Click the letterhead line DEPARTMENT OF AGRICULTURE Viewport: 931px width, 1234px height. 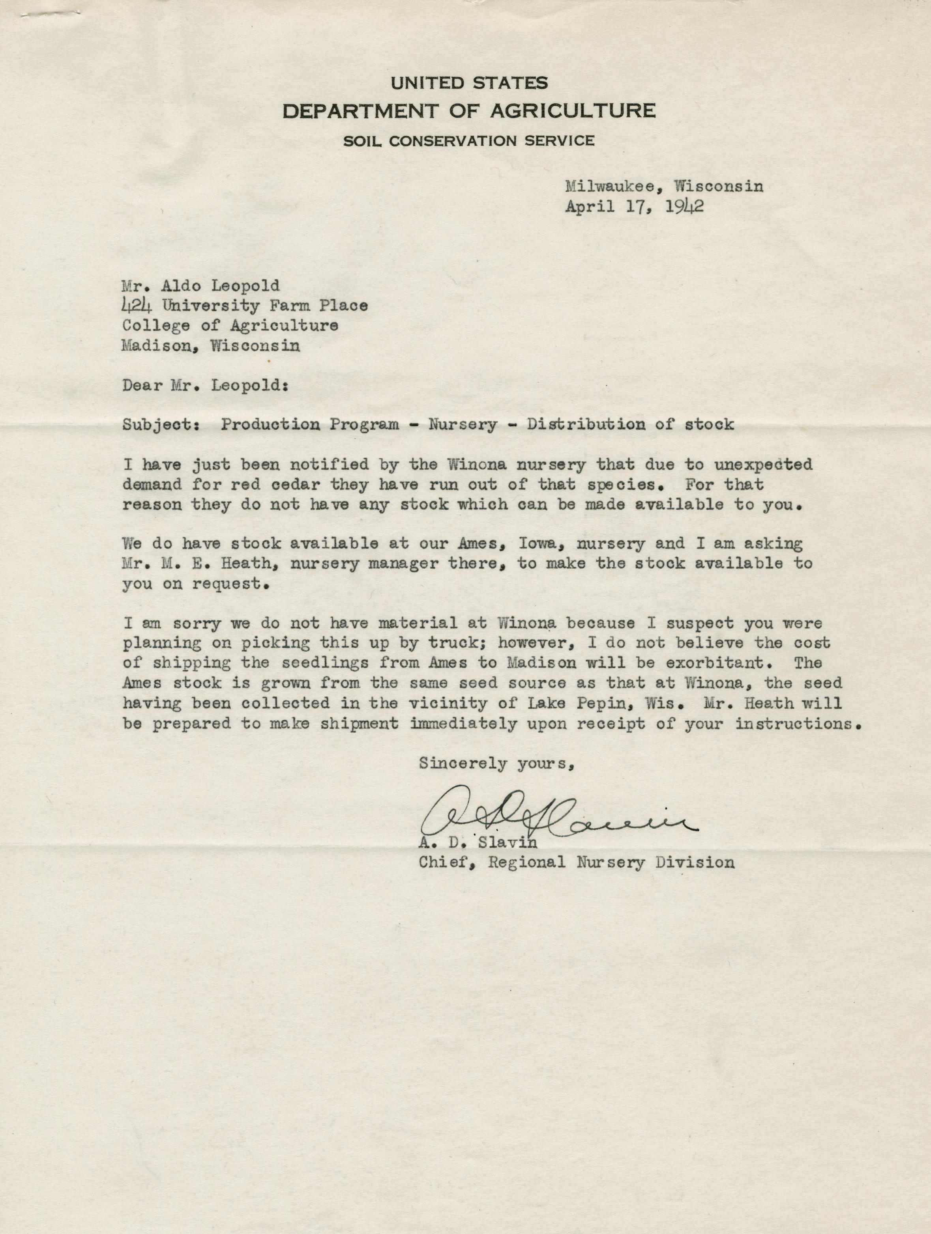469,110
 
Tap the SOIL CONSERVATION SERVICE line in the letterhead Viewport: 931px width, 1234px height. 469,140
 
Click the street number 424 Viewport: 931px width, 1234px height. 137,306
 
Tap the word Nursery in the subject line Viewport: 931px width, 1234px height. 462,424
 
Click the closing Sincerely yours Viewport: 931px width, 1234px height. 496,763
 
